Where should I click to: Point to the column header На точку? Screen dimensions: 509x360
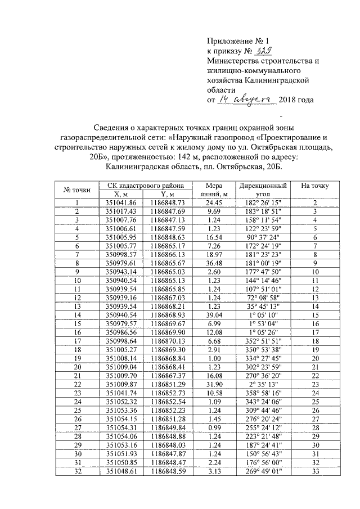(315, 186)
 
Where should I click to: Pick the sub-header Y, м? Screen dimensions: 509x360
(164, 194)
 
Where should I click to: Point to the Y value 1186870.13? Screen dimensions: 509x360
(164, 340)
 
